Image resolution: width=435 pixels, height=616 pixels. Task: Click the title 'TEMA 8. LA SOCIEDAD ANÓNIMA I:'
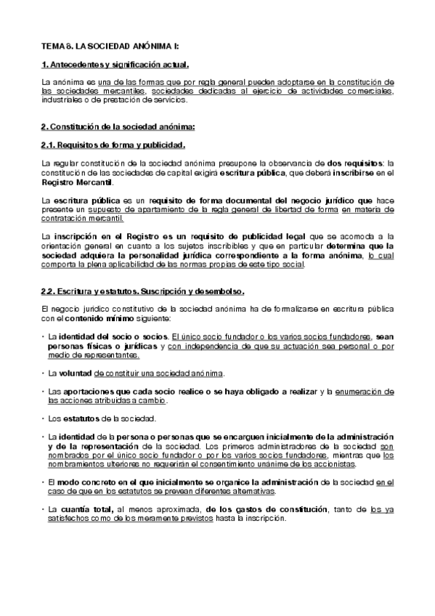(99, 46)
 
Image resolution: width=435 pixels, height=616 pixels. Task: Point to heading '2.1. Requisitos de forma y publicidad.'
(107, 145)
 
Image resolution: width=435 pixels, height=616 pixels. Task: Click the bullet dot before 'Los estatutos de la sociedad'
(42, 419)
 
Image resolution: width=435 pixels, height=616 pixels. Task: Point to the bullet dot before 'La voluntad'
(42, 373)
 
